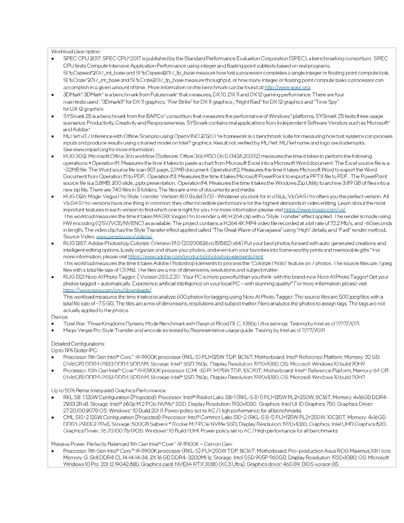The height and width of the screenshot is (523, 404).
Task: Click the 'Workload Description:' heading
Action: tap(76, 51)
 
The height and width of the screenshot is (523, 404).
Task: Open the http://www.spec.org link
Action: tap(287, 87)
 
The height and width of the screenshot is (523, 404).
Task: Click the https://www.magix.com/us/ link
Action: tap(314, 210)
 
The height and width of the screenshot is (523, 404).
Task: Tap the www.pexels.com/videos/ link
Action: tap(124, 236)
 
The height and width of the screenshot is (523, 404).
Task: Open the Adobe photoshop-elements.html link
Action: tap(196, 256)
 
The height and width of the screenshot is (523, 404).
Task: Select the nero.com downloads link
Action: tap(107, 290)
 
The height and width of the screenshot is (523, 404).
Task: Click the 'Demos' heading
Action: tap(59, 317)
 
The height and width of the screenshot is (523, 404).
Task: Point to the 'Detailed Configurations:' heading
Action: tap(78, 344)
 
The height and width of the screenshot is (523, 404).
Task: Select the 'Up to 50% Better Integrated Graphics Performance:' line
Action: tap(109, 391)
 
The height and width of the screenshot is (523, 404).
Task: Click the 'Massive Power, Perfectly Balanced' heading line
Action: tap(142, 444)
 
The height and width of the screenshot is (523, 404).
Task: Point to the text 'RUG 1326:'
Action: tap(74, 196)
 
